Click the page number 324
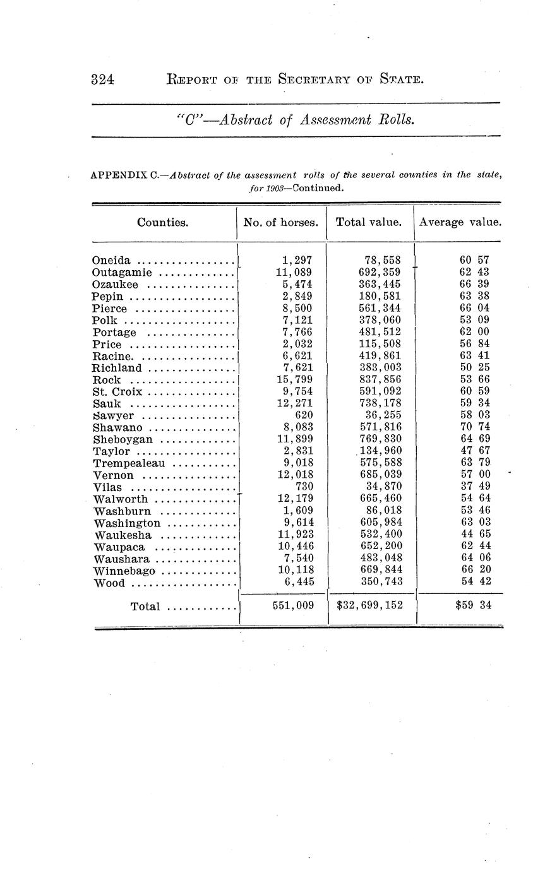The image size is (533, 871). (102, 80)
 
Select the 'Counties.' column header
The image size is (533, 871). (162, 222)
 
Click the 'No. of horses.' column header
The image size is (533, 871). (281, 222)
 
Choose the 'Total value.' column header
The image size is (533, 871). (369, 222)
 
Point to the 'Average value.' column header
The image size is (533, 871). (460, 222)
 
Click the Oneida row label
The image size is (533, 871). (112, 260)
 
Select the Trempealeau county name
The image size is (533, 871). (129, 463)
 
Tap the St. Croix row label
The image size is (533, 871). (117, 391)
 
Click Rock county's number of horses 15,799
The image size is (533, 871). (294, 380)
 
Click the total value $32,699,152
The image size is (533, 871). (370, 606)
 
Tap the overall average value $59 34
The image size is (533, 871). (472, 606)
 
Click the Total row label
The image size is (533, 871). (145, 607)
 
